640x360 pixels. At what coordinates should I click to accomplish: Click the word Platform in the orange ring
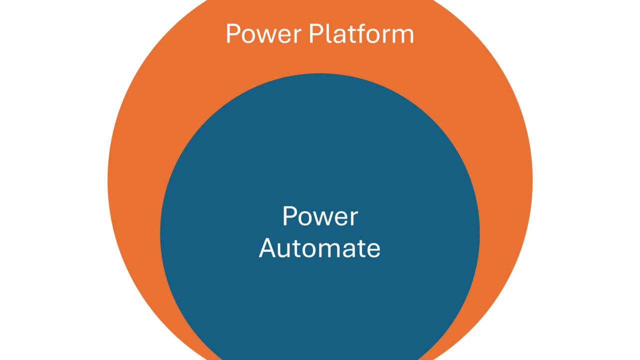click(x=361, y=34)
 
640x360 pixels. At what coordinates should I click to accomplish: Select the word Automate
click(x=319, y=248)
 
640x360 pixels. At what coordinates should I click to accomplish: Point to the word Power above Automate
click(x=320, y=217)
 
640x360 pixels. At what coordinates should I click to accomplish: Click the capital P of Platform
click(x=314, y=34)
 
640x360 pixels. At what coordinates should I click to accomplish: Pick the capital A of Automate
click(x=268, y=248)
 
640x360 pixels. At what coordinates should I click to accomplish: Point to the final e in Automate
click(x=373, y=249)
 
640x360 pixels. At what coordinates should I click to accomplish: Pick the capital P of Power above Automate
click(x=288, y=216)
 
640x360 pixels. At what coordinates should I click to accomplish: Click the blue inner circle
click(x=320, y=300)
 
